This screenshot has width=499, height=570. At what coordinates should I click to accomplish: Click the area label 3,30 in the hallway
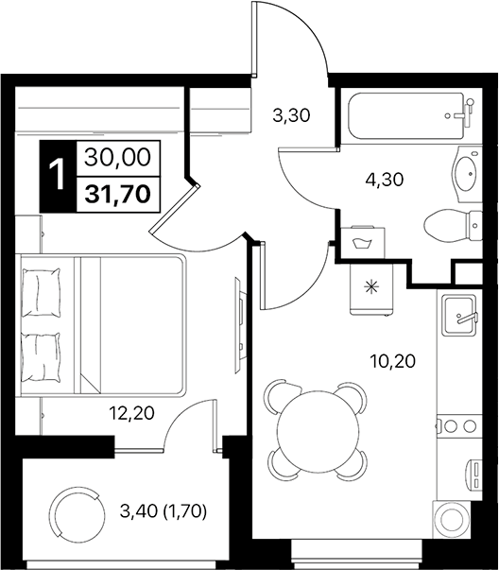[x=291, y=117]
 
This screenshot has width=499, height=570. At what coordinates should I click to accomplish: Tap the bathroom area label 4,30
[x=385, y=179]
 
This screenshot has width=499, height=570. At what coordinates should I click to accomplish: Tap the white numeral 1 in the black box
[x=58, y=176]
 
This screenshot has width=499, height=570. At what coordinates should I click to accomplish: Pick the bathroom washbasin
[x=465, y=174]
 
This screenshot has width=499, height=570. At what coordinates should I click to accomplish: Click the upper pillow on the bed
[x=42, y=291]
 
